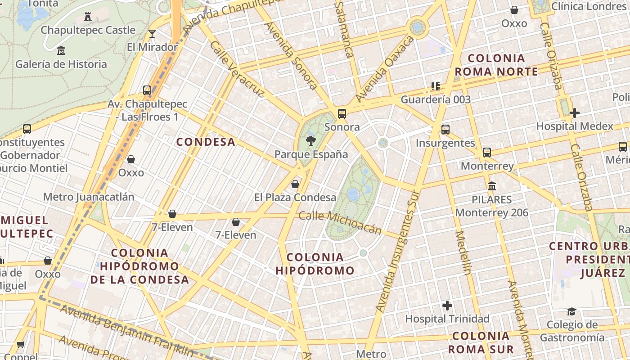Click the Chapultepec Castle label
tap(88, 30)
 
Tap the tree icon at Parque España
tap(310, 141)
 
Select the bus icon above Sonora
tap(342, 114)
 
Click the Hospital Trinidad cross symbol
tap(447, 306)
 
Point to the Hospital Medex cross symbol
tap(575, 113)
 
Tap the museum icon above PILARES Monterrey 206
tap(492, 186)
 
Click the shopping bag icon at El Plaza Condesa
tap(295, 184)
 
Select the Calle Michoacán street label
tap(340, 223)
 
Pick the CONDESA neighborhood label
tap(206, 142)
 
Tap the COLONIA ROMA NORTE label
tap(496, 65)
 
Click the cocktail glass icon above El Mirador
tap(152, 34)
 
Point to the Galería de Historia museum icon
tap(61, 50)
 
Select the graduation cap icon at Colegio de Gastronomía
tap(571, 312)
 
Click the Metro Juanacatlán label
tap(89, 197)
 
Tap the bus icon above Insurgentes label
tap(445, 130)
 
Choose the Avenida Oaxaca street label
tap(384, 69)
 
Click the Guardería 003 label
tap(436, 99)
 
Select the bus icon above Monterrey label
tap(487, 153)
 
